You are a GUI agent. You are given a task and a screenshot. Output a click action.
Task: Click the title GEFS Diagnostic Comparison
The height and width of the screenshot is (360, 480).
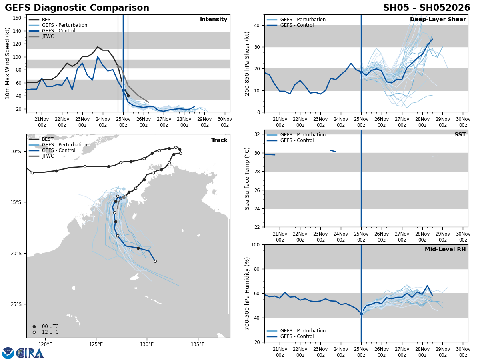coord(77,8)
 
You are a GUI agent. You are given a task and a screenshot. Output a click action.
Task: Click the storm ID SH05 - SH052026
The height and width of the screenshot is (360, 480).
coord(426,8)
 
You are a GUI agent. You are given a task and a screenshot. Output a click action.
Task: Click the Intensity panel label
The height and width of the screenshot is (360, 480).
coord(214,20)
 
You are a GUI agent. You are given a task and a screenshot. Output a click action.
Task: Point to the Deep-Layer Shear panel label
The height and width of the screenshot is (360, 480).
coord(438,20)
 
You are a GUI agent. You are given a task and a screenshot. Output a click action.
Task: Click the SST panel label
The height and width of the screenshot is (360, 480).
coord(460,135)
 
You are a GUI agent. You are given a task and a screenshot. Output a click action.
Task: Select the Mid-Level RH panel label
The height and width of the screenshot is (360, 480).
coord(445,250)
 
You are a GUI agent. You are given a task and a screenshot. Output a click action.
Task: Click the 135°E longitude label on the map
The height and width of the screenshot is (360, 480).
coord(198,344)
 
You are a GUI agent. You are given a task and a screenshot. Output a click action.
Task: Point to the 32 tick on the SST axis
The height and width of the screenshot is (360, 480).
coord(258,134)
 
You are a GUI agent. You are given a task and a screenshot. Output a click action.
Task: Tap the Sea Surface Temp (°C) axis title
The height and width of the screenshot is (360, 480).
coord(248,178)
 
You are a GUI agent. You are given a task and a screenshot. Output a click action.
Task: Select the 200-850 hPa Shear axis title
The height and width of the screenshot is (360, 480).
coord(248,63)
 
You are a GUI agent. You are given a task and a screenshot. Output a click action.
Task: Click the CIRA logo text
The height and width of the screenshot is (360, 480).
coord(30,353)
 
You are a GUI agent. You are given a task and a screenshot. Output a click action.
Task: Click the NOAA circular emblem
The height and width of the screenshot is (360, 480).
coord(8,353)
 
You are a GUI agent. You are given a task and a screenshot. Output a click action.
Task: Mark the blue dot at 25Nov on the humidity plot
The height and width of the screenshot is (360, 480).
coord(361,314)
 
